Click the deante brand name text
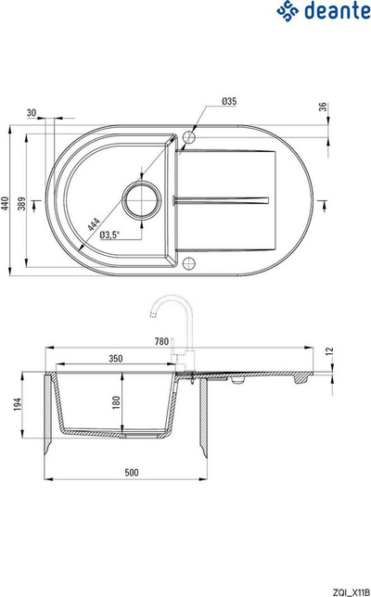pyautogui.click(x=337, y=11)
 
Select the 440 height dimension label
pyautogui.click(x=5, y=204)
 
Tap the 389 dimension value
pyautogui.click(x=21, y=204)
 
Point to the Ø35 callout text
pyautogui.click(x=229, y=101)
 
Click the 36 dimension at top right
pyautogui.click(x=323, y=107)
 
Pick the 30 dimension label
pyautogui.click(x=32, y=113)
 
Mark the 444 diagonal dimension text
pyautogui.click(x=94, y=224)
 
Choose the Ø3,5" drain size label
pyautogui.click(x=109, y=235)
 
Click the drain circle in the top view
pyautogui.click(x=141, y=200)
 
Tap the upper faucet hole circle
pyautogui.click(x=189, y=136)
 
